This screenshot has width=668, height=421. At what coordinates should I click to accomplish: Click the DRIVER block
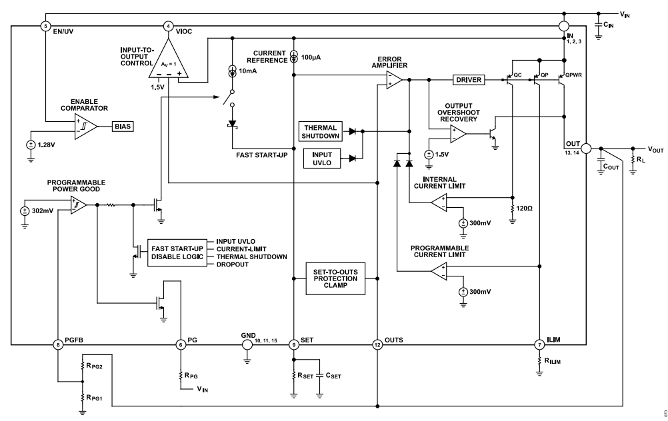(471, 80)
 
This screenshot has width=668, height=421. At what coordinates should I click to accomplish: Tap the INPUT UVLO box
(322, 158)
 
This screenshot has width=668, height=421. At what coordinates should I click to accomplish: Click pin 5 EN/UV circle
(45, 26)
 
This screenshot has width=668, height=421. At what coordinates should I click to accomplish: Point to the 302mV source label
(41, 210)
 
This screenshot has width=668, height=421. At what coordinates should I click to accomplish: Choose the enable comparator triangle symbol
(86, 125)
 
